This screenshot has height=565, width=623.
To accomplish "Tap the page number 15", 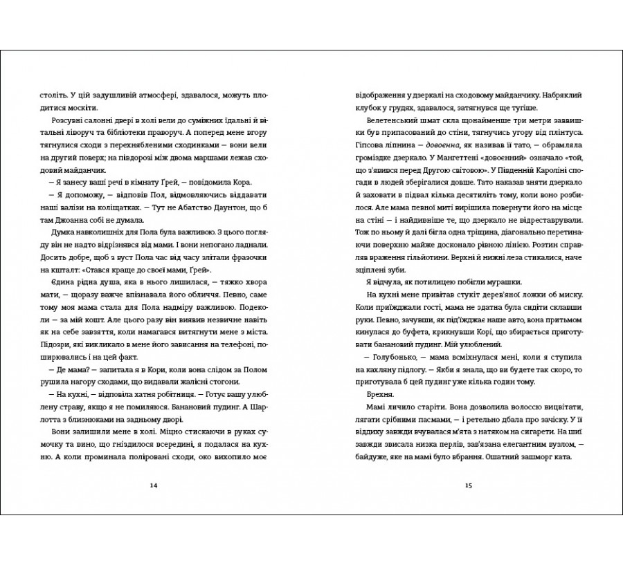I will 469,485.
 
